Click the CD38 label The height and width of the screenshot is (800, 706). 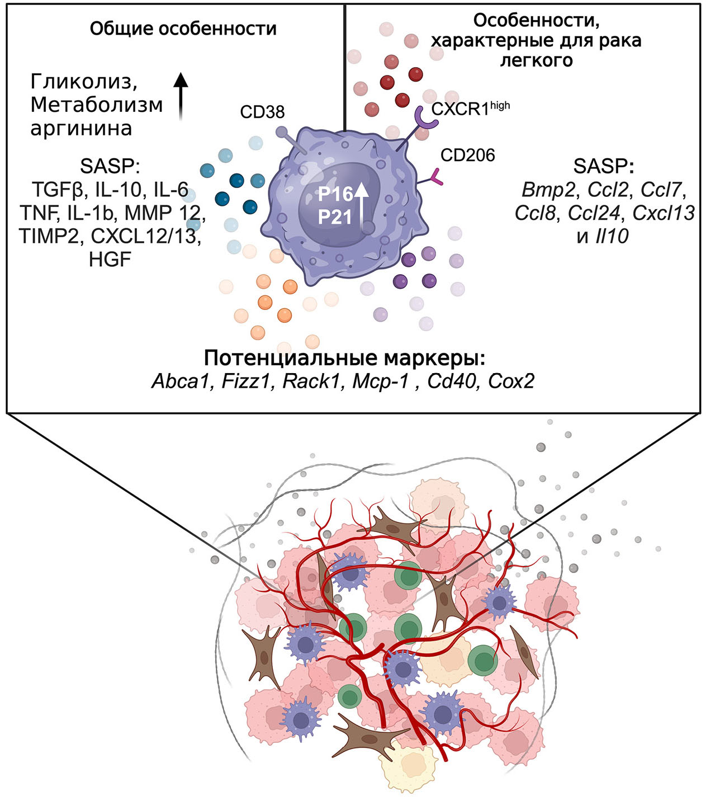(262, 112)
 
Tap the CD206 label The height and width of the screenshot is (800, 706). (467, 155)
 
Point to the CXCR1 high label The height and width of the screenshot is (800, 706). (470, 107)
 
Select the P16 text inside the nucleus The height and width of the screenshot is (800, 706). (335, 194)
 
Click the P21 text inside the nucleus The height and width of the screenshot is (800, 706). (335, 216)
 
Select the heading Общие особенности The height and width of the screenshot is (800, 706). (183, 29)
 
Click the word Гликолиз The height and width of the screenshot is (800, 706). (84, 82)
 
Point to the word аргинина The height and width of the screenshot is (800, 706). (81, 128)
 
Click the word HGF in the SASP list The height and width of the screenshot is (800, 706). (110, 259)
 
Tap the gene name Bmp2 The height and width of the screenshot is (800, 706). (548, 190)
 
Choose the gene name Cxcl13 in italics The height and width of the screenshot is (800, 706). (664, 213)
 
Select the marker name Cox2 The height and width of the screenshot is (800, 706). (511, 381)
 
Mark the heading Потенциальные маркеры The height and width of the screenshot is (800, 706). (344, 357)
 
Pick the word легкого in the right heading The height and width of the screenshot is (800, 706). (536, 60)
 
